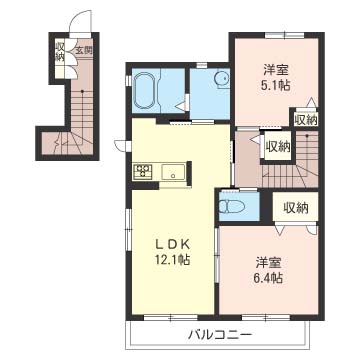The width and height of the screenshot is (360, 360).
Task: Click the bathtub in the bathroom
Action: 145,90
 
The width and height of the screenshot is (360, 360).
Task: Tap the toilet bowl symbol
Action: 232,207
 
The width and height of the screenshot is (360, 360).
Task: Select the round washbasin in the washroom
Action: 221,79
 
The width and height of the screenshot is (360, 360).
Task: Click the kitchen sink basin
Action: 173,172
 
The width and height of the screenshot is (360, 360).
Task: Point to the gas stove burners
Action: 143,172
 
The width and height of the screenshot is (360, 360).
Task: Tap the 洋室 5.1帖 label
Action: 275,78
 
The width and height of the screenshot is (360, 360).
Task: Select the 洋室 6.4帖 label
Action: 269,270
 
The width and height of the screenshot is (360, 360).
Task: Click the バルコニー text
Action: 218,334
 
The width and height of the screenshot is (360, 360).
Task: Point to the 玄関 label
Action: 83,51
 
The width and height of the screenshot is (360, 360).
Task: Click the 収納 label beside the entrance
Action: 60,52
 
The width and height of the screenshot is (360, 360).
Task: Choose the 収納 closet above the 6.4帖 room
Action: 296,208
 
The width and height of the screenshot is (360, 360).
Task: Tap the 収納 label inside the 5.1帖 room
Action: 306,120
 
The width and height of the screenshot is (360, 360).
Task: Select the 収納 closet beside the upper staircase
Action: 277,146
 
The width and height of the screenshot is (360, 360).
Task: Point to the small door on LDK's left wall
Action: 121,145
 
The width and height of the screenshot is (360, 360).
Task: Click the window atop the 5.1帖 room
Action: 284,35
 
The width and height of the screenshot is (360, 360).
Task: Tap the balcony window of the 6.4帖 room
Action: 266,317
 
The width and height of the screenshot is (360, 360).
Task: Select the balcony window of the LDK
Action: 171,317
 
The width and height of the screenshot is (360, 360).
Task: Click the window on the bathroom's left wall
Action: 128,81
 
